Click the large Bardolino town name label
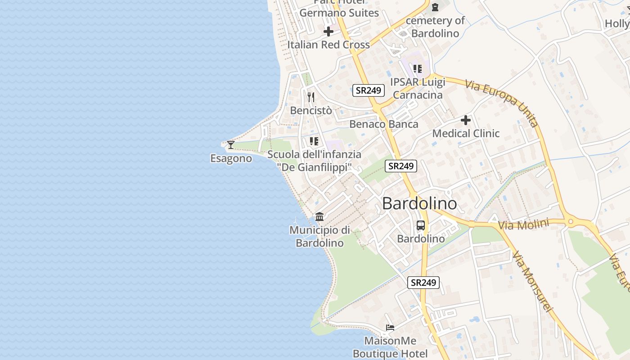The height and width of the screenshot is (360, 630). (419, 204)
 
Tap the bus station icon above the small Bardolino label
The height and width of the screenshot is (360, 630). (420, 225)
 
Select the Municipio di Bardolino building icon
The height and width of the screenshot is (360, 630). (319, 216)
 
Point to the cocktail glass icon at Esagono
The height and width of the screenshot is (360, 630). (231, 144)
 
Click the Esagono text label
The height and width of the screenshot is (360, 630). (231, 158)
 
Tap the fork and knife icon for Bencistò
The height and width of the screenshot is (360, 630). (310, 97)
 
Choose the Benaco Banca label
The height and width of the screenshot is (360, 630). (384, 124)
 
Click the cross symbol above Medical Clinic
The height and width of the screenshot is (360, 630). (466, 120)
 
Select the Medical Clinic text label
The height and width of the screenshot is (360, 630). (466, 134)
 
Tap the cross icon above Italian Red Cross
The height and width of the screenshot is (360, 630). (328, 31)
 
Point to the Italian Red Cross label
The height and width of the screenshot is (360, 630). (328, 45)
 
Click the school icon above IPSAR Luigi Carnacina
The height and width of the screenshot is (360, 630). (418, 69)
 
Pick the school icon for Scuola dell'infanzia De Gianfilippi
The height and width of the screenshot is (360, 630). (314, 141)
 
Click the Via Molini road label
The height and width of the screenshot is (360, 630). (524, 224)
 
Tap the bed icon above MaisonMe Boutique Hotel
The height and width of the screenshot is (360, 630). (390, 328)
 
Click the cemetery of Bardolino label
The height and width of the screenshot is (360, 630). (435, 27)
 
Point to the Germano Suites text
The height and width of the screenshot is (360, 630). (339, 13)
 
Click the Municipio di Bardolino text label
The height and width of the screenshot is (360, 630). (319, 237)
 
